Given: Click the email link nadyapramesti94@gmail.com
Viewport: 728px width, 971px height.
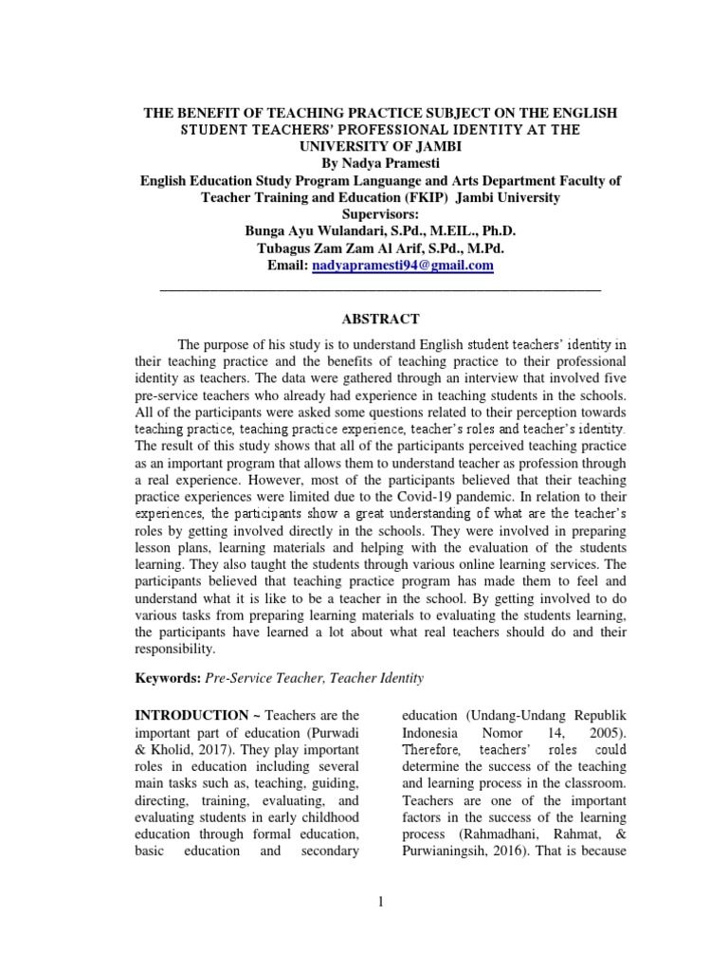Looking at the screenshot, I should (402, 266).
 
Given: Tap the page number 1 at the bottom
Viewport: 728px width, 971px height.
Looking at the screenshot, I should (380, 902).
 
